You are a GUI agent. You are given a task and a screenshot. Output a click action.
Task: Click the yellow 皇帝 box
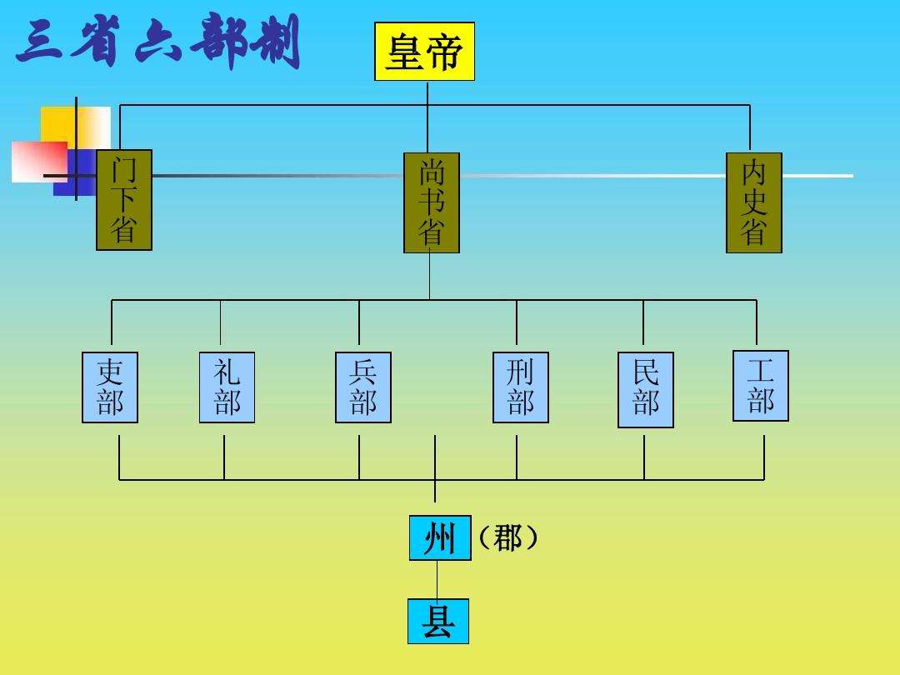[424, 52]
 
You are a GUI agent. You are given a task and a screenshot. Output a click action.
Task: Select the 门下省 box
[124, 200]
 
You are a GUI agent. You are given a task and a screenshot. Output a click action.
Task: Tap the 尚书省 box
[432, 202]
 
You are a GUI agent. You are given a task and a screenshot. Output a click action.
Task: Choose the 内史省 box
[754, 202]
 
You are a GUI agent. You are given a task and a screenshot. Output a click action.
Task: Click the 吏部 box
[110, 387]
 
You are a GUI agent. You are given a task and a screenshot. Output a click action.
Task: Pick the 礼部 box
[227, 387]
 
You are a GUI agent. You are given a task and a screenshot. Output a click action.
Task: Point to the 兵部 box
[363, 387]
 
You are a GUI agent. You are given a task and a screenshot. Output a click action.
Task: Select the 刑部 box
[521, 387]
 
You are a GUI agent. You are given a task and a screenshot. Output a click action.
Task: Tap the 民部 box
[646, 390]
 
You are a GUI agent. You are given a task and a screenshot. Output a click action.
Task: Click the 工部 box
[761, 386]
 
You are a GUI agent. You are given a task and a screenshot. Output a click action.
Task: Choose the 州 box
[440, 538]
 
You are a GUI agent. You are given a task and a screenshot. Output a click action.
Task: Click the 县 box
[438, 622]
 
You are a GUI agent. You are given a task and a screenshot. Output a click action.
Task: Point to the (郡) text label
[507, 538]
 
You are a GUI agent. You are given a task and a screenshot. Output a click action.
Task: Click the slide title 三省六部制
[158, 43]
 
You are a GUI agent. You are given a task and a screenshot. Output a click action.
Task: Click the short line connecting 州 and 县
[437, 579]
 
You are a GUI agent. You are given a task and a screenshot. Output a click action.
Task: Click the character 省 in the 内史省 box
[754, 232]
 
